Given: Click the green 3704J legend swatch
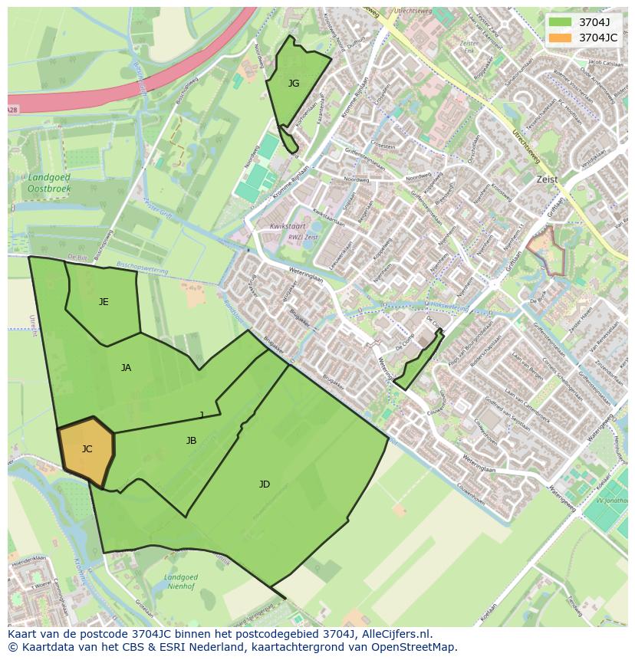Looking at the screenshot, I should click(x=561, y=21).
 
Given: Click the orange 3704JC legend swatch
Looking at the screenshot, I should click(x=561, y=37).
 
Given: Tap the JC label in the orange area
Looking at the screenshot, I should click(x=87, y=449).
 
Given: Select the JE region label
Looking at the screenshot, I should click(x=104, y=302).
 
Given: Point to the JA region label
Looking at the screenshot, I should click(x=126, y=368).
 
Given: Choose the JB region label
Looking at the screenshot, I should click(x=191, y=441).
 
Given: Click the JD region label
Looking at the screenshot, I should click(x=265, y=484).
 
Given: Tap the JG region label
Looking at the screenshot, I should click(x=294, y=84).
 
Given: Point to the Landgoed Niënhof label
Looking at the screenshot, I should click(x=181, y=582).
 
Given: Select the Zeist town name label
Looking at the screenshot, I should click(x=548, y=179).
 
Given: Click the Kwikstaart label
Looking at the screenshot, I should click(x=288, y=227).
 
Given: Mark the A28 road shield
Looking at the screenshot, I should click(x=12, y=110).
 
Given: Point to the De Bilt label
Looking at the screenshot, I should click(x=77, y=257).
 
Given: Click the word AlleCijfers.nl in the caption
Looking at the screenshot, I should click(x=398, y=635).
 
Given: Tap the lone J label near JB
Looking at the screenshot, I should click(x=202, y=415).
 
